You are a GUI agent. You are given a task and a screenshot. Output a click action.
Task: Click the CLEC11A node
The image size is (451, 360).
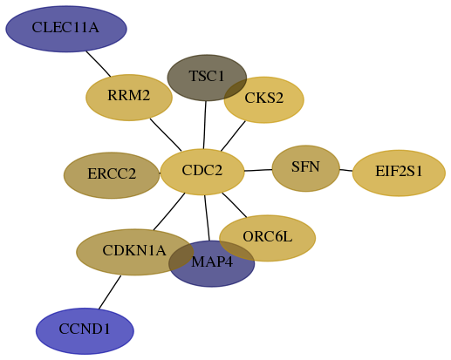tap(66, 29)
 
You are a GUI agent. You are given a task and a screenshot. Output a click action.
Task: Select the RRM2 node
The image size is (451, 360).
tap(129, 98)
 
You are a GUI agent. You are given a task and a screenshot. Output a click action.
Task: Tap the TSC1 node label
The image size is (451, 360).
tap(207, 76)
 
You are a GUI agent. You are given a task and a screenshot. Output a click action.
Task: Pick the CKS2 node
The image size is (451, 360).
tap(264, 99)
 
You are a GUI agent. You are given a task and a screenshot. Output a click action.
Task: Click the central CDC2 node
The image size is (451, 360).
tap(202, 172)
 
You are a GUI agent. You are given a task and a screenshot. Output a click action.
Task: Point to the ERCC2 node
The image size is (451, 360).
tap(112, 175)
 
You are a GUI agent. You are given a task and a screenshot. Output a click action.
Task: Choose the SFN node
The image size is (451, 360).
tap(306, 168)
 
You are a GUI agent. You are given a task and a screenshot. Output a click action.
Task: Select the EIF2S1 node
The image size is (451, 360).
tap(399, 173)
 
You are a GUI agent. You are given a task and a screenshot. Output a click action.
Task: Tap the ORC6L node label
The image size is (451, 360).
tap(268, 236)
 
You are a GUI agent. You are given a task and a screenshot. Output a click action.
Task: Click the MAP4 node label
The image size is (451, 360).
tap(212, 262)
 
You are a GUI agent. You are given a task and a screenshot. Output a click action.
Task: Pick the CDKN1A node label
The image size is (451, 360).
tap(134, 250)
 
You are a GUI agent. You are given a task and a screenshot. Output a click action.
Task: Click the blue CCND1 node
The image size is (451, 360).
tap(85, 331)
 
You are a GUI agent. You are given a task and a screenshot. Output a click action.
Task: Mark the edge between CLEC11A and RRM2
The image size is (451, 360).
tap(99, 65)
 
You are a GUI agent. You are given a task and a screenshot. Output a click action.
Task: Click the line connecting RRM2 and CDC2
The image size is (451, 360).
tap(166, 135)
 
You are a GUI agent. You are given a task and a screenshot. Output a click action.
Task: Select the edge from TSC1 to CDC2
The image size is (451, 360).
tap(205, 125)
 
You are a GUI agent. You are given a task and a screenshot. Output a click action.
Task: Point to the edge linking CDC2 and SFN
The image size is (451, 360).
tap(258, 170)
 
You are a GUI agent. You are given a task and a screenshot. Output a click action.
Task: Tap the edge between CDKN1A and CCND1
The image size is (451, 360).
tap(110, 292)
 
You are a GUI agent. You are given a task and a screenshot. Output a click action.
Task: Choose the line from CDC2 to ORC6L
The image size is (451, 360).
tap(235, 205)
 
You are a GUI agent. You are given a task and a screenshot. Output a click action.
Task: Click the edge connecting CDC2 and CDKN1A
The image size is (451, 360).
tap(169, 212)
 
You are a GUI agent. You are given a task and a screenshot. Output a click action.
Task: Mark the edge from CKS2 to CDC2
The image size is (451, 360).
tap(233, 136)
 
